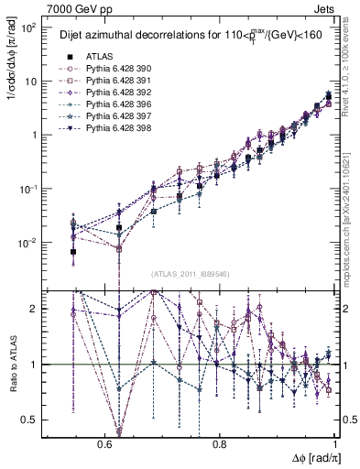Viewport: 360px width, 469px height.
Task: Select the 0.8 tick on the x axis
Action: [219, 444]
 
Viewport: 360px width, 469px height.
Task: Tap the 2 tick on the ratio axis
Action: [37, 309]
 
